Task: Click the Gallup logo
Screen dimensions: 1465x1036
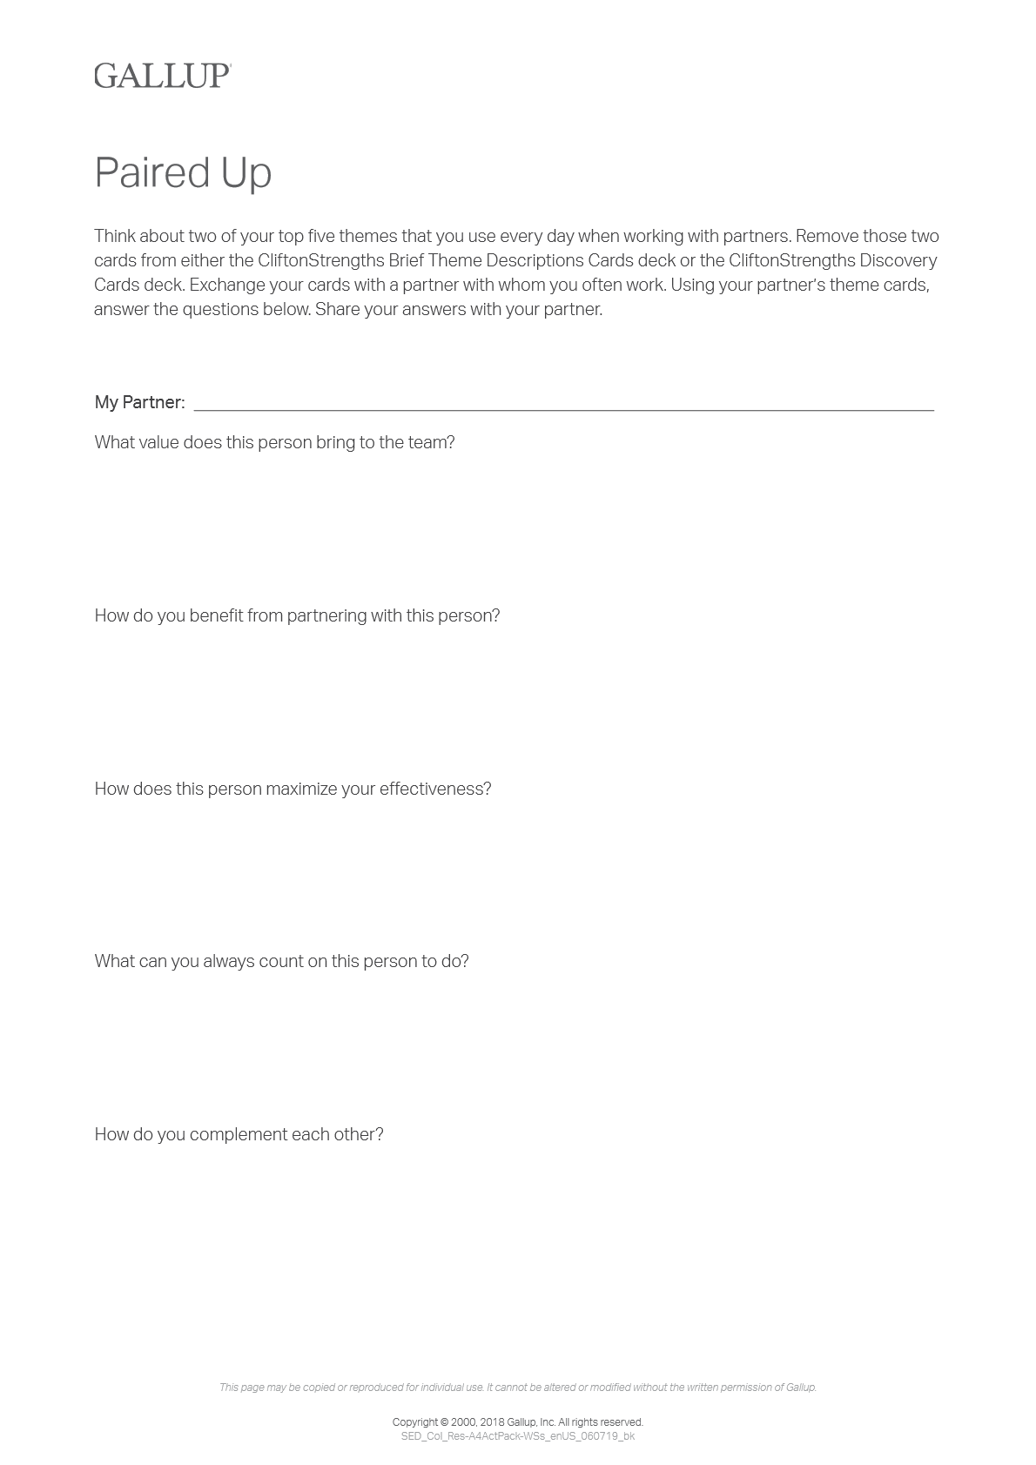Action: click(x=162, y=76)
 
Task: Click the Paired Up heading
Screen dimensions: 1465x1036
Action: click(x=183, y=172)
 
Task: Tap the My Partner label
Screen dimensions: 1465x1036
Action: click(x=139, y=402)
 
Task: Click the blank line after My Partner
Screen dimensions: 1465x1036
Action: click(x=563, y=404)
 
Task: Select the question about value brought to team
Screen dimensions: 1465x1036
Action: click(x=274, y=442)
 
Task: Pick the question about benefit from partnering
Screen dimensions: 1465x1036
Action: click(x=297, y=615)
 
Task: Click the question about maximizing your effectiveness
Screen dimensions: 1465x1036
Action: click(x=293, y=789)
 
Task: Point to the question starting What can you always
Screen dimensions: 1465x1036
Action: click(x=281, y=961)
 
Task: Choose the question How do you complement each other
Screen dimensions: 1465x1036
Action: click(x=239, y=1134)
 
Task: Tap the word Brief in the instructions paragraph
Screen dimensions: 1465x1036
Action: click(x=406, y=260)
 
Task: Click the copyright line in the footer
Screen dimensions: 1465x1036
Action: click(x=517, y=1422)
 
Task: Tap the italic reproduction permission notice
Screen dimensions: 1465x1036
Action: click(x=517, y=1388)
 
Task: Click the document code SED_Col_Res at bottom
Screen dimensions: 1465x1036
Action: click(x=517, y=1436)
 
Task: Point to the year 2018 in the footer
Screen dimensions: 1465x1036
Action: click(x=491, y=1422)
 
